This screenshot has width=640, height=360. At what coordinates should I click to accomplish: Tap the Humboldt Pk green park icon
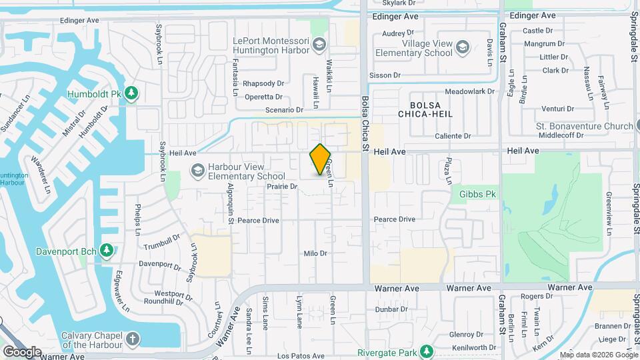132,93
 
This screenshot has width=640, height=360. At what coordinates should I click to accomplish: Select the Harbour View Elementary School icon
197,171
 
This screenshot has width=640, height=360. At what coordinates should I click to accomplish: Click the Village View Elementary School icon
463,47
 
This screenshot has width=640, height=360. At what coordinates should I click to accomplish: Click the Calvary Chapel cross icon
133,339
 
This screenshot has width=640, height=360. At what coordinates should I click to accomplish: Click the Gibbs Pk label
477,194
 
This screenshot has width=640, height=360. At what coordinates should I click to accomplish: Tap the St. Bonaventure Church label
585,126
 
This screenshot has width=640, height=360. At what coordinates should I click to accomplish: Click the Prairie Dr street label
281,187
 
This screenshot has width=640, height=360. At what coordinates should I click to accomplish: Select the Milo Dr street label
315,253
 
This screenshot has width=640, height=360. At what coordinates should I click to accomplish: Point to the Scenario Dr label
284,109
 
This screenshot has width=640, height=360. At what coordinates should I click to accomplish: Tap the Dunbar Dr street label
391,309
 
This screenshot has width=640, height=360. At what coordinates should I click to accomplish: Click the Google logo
22,351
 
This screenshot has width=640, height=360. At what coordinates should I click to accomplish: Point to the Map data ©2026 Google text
598,355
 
